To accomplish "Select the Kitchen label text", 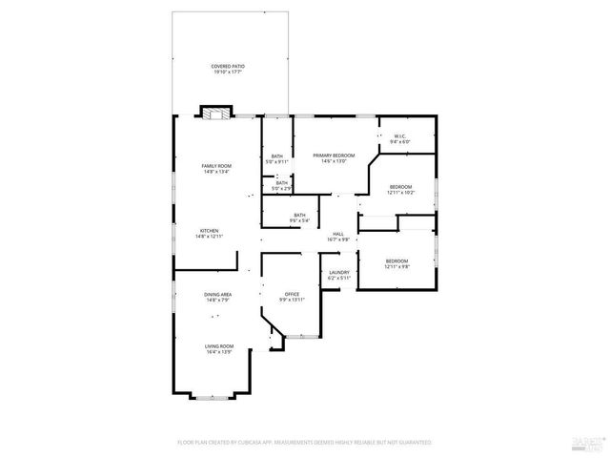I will [x=209, y=230].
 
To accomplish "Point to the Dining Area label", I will [x=216, y=295].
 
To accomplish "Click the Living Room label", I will [x=220, y=346].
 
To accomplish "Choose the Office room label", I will [x=293, y=294].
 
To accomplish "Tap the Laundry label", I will [x=339, y=273].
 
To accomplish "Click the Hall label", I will [x=338, y=234].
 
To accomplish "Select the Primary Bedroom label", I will [x=334, y=156].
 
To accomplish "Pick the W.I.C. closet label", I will [x=400, y=136].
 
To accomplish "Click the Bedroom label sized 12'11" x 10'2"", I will [x=400, y=187].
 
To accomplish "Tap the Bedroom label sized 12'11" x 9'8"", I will [x=396, y=261].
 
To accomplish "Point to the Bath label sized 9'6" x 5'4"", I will [x=300, y=216].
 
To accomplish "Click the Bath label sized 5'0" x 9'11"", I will [x=276, y=156].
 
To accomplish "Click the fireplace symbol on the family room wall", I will [x=215, y=113].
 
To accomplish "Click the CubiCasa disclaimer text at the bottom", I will [x=305, y=443].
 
